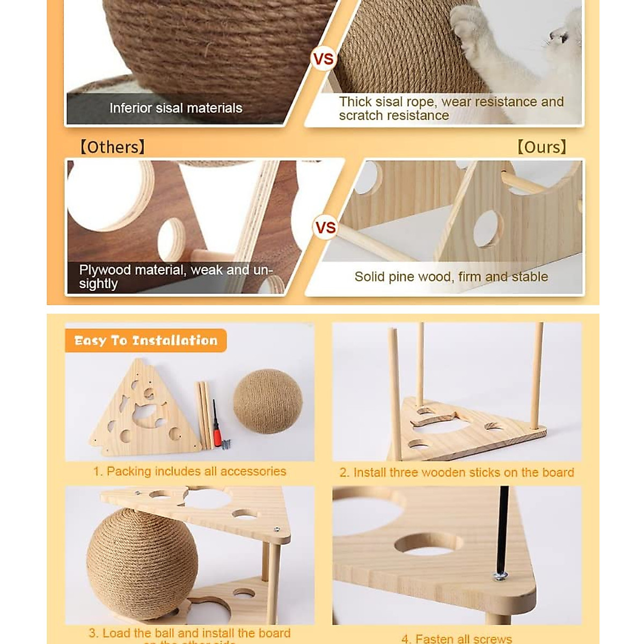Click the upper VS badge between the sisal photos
[323, 58]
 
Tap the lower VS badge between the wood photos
[325, 228]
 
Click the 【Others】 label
[112, 147]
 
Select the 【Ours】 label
[541, 147]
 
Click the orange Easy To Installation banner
[145, 340]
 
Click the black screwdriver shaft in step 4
[503, 526]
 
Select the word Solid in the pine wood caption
[369, 277]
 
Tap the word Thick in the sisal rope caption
[355, 102]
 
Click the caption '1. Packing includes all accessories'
[189, 471]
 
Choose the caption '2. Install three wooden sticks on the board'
[457, 472]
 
